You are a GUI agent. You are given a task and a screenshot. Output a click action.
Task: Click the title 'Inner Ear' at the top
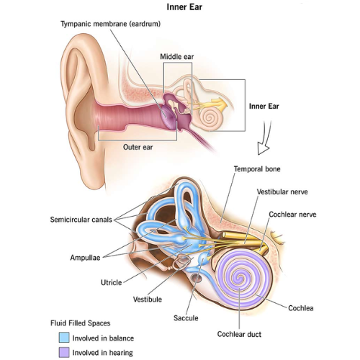(184, 7)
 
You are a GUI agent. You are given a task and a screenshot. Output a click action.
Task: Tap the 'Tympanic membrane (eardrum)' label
(110, 24)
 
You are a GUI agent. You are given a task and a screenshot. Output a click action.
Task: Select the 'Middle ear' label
(177, 57)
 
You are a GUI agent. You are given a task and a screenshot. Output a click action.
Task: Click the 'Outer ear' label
(138, 147)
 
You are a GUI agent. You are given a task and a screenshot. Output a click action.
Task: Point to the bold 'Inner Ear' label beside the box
(264, 106)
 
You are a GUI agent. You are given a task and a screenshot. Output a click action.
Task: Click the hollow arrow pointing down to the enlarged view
(264, 139)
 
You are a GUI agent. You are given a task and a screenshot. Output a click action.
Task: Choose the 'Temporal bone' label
(257, 169)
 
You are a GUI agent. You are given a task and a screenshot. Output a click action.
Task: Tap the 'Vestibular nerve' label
(282, 192)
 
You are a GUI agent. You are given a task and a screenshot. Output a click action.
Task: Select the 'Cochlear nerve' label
(292, 215)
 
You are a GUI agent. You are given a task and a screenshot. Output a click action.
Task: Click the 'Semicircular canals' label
(81, 220)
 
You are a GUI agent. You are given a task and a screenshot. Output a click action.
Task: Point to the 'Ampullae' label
(85, 258)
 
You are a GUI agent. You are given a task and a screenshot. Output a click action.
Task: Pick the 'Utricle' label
(111, 282)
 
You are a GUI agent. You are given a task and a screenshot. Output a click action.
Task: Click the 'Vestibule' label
(148, 300)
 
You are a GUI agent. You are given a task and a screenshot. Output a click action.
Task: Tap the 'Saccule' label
(186, 318)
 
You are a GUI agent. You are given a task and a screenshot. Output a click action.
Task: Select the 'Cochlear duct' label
(239, 334)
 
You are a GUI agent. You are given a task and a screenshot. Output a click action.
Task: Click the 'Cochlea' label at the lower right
(301, 308)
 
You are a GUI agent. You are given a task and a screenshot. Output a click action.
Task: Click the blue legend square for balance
(64, 337)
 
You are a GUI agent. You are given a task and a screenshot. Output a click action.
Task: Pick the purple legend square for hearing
(64, 352)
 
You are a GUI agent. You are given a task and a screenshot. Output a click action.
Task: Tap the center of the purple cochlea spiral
(240, 279)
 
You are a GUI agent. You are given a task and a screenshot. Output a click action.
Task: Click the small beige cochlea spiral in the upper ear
(209, 117)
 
